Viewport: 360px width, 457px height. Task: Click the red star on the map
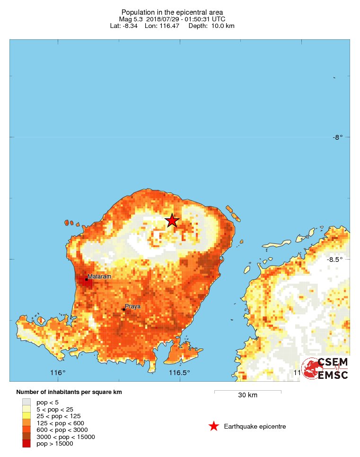point(172,220)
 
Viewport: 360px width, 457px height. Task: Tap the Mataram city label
point(99,277)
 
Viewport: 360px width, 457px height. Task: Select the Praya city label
point(132,306)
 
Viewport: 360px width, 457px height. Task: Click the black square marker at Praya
point(124,309)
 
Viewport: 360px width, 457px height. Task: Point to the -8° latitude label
point(337,137)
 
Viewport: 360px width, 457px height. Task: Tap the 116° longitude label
point(58,373)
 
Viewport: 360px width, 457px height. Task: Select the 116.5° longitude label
point(179,373)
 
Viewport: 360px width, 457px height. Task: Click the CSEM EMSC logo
point(325,368)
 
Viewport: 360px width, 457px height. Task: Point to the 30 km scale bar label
point(247,395)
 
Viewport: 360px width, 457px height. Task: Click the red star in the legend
point(214,427)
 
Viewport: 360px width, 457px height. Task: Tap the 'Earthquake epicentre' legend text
point(255,427)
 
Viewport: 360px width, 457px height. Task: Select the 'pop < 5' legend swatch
point(26,402)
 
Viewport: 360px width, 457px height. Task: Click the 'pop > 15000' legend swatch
point(26,444)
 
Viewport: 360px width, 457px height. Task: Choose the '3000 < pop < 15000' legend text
point(66,437)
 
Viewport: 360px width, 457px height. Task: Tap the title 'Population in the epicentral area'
point(172,12)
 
